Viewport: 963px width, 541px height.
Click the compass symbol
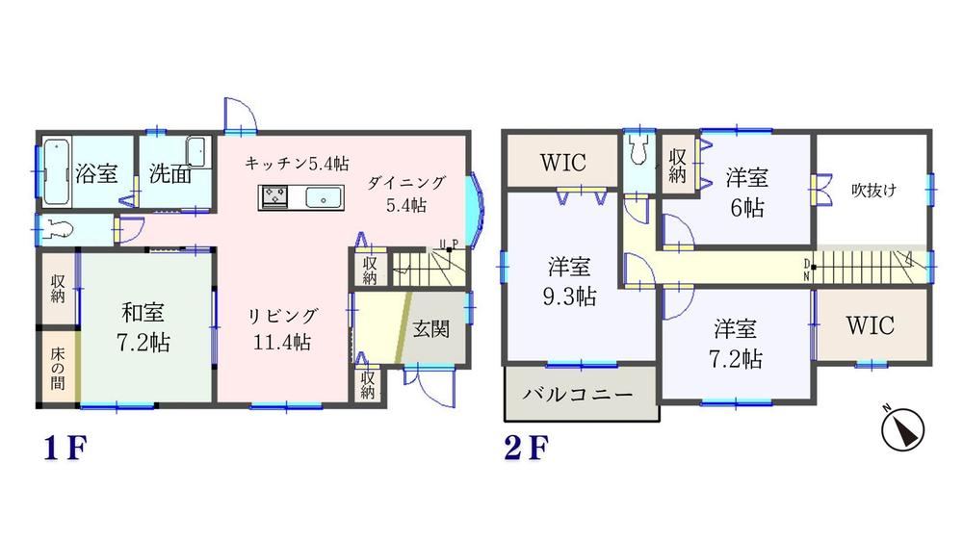tap(903, 428)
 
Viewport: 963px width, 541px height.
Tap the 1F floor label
tap(65, 449)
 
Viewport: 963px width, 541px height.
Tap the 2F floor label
tap(526, 449)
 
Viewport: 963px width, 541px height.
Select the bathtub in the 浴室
tap(57, 172)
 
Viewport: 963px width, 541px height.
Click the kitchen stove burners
tap(274, 197)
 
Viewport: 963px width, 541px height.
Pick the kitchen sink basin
tap(323, 197)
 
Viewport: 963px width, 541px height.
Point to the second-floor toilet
tap(639, 148)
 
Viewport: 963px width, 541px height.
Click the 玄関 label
tap(431, 329)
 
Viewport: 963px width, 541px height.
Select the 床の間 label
tap(58, 369)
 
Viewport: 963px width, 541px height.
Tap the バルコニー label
tap(578, 394)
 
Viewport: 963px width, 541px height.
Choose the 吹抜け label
tap(873, 191)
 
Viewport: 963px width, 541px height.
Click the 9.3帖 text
tap(569, 297)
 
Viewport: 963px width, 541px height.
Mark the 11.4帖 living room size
tap(282, 342)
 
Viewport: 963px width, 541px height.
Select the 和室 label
tap(143, 313)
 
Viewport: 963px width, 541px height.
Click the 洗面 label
tap(170, 174)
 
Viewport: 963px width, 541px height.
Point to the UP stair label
tap(449, 245)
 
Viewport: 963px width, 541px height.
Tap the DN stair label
tap(806, 270)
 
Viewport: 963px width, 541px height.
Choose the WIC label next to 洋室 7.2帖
tap(871, 325)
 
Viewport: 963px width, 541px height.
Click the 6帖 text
tap(747, 208)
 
